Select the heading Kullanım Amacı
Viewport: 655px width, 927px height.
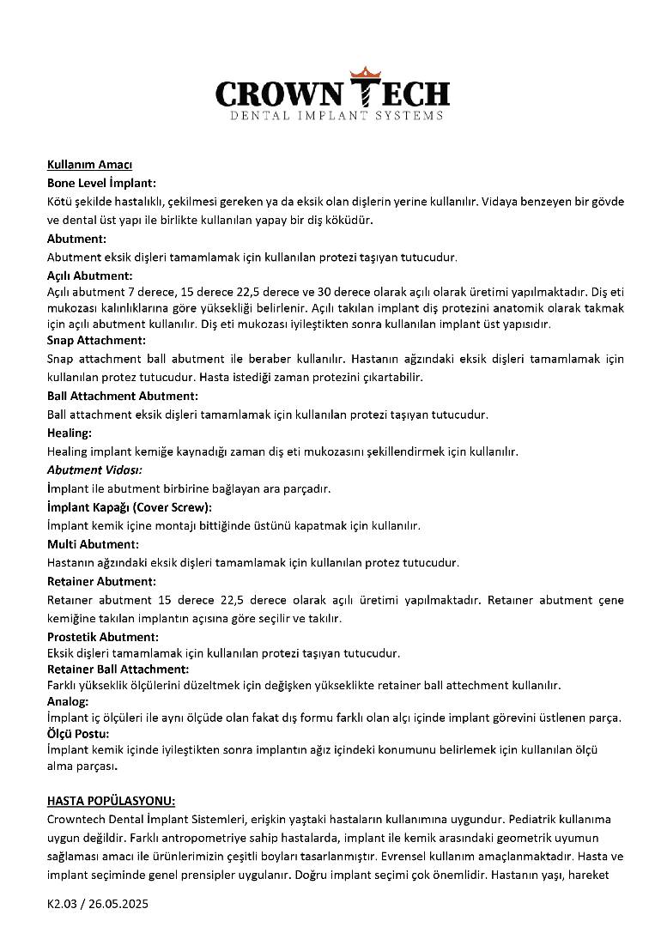[x=89, y=165]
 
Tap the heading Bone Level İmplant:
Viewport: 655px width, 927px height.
[x=101, y=183]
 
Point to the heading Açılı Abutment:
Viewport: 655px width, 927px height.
[x=89, y=276]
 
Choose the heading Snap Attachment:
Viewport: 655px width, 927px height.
[x=96, y=340]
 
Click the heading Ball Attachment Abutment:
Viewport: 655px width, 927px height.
[x=122, y=396]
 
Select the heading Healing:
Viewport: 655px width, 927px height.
[x=69, y=433]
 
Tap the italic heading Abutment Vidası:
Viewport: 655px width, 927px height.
[x=94, y=470]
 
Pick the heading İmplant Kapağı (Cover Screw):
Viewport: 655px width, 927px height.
[x=129, y=507]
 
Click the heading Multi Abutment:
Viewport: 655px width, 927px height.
[x=93, y=544]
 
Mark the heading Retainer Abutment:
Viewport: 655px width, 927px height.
[x=101, y=581]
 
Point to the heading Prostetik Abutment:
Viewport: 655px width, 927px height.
[x=102, y=636]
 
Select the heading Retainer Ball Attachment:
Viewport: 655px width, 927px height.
[x=118, y=669]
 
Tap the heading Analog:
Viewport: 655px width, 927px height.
[x=68, y=701]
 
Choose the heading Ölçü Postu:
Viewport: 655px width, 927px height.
[x=77, y=734]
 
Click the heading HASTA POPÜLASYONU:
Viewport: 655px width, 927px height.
[x=111, y=800]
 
